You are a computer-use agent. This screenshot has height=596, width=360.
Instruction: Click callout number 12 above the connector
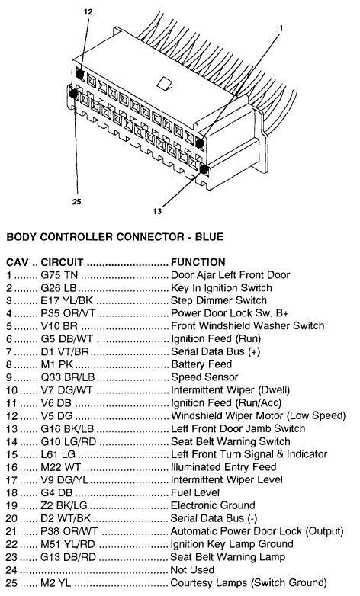tap(88, 13)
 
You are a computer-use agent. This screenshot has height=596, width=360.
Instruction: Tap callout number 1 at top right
tap(281, 28)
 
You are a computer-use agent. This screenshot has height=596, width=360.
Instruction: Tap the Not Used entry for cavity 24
tap(192, 570)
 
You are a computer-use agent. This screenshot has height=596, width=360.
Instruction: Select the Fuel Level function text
tap(194, 493)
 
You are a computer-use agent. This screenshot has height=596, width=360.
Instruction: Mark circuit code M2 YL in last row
tap(55, 583)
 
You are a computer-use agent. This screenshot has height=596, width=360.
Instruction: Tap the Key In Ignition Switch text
tap(221, 288)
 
